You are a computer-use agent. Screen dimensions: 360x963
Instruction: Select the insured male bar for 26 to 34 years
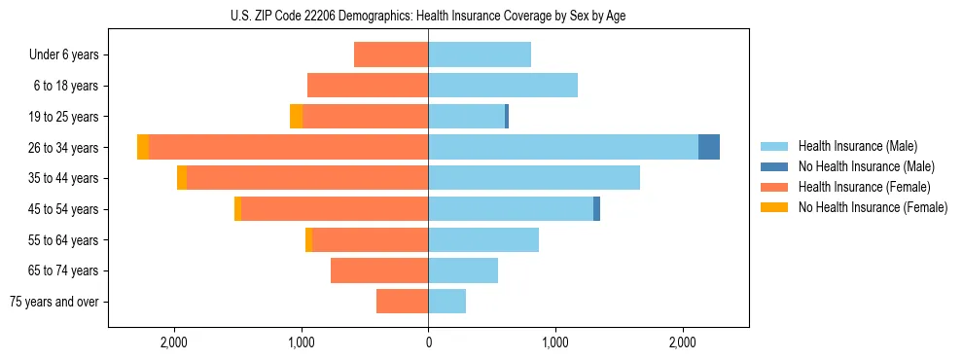(x=563, y=147)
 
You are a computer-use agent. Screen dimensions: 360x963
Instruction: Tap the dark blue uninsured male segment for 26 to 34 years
(x=709, y=147)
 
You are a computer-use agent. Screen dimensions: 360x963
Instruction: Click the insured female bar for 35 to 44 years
(x=307, y=178)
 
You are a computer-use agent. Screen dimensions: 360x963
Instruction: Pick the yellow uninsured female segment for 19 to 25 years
(x=296, y=117)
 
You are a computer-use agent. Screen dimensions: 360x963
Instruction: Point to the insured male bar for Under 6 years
(x=480, y=54)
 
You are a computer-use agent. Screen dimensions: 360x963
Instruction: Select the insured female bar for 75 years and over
(x=402, y=302)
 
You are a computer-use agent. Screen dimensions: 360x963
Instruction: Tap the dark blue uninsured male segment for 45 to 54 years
(x=596, y=209)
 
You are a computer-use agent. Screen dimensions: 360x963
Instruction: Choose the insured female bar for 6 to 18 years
(x=368, y=86)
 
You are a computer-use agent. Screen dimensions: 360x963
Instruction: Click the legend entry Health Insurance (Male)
(x=857, y=146)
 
